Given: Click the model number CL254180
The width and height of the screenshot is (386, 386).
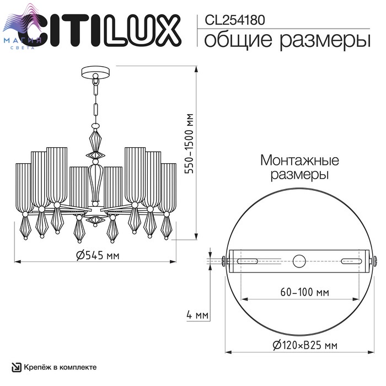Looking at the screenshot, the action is tap(234, 20).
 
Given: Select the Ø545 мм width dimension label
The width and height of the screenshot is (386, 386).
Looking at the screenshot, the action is tap(98, 255).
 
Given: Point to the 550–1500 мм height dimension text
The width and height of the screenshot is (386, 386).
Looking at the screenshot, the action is tap(189, 144).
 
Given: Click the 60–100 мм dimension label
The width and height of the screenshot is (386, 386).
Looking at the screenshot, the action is tap(304, 292).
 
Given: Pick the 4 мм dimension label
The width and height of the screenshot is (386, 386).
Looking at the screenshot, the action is tap(197, 315).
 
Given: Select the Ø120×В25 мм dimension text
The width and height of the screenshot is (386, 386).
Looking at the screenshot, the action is tap(305, 345).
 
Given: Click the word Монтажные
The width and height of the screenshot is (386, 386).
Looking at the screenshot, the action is tap(299, 160).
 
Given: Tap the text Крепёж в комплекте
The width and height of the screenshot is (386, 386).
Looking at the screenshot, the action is tap(60, 367).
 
